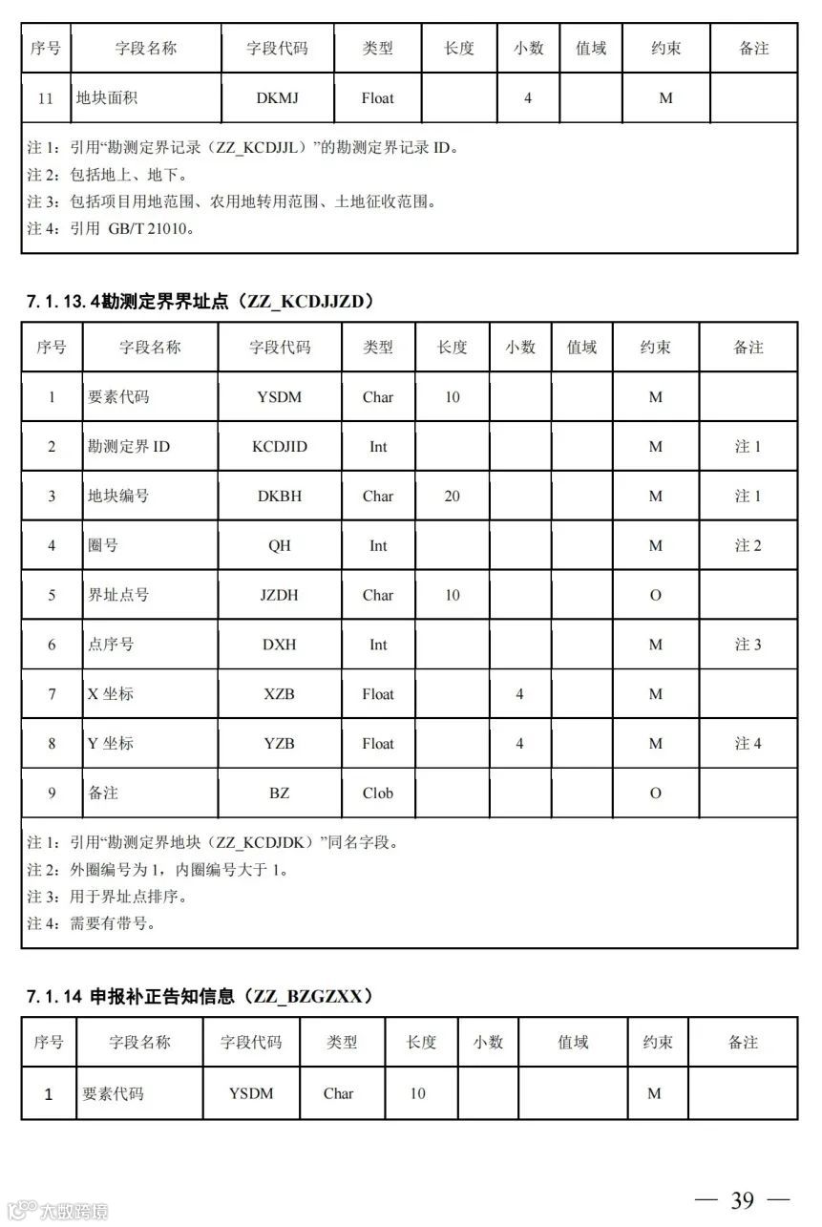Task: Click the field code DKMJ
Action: [x=278, y=98]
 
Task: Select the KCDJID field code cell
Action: [x=280, y=447]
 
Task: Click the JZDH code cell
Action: [x=280, y=595]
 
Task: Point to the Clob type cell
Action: [x=378, y=793]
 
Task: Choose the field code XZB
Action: [x=280, y=694]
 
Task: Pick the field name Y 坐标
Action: [x=111, y=744]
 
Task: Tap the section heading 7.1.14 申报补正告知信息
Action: [x=200, y=996]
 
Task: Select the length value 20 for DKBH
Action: [x=453, y=496]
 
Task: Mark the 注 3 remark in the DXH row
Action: [x=748, y=645]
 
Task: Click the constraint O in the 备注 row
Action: [x=655, y=793]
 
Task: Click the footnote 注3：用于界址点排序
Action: [x=105, y=897]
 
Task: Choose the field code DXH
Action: [x=280, y=645]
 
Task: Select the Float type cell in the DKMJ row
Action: [x=378, y=98]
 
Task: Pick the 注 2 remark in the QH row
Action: [x=748, y=545]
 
